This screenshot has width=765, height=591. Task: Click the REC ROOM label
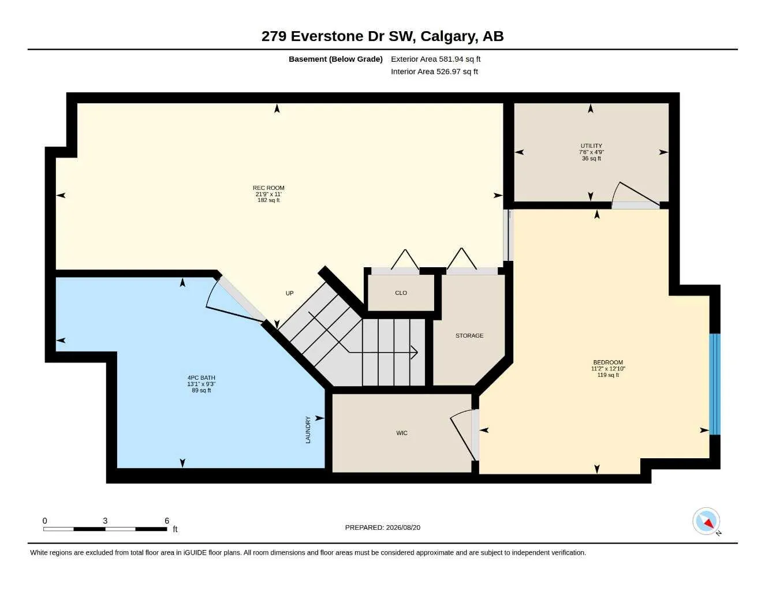(x=268, y=188)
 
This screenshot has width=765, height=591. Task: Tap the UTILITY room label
(x=591, y=145)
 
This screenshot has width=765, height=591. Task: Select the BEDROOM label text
(x=608, y=362)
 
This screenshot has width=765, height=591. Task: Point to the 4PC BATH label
(x=201, y=378)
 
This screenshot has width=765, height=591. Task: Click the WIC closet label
(x=402, y=433)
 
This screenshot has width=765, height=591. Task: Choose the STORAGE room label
(x=469, y=335)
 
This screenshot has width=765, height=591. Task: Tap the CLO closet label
(x=401, y=293)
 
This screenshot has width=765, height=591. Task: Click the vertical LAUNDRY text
(x=308, y=429)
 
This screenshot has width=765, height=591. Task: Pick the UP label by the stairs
(x=289, y=293)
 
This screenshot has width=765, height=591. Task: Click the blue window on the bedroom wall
(x=715, y=384)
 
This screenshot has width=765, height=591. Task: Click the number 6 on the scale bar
(x=166, y=521)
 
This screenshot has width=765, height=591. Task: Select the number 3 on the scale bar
(x=105, y=521)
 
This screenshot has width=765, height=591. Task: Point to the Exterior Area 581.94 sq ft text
(x=435, y=59)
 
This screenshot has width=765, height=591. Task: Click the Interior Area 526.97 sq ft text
(x=434, y=72)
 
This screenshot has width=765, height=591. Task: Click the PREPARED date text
(x=383, y=528)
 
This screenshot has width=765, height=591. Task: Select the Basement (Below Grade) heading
(x=335, y=59)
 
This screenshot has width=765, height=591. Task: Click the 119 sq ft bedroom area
(x=608, y=375)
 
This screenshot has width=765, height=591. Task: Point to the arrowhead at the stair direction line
(x=415, y=352)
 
